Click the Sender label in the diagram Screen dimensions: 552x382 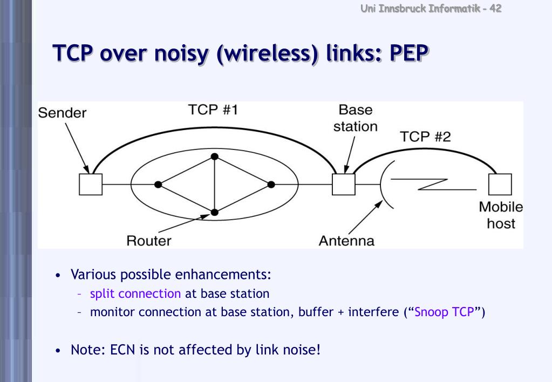point(62,113)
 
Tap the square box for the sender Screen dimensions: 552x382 point(90,184)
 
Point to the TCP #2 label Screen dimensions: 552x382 point(425,137)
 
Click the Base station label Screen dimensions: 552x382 point(355,118)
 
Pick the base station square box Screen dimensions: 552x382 point(343,184)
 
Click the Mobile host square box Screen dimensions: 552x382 point(500,185)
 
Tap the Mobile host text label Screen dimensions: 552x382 point(501,215)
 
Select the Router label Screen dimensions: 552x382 point(148,241)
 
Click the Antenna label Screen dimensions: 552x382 point(346,241)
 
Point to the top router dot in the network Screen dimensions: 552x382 point(215,156)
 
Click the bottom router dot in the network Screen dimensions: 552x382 point(215,212)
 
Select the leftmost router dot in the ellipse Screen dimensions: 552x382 point(158,185)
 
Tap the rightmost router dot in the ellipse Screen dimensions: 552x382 point(271,185)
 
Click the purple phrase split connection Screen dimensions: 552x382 point(135,294)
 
